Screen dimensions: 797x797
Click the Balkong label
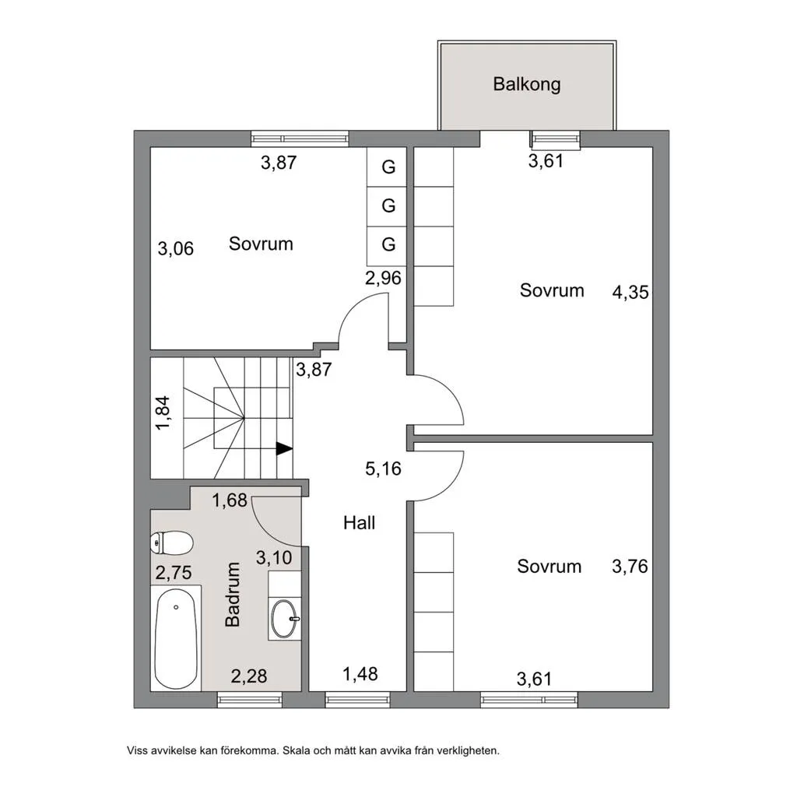point(526,84)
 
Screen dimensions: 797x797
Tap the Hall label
point(360,523)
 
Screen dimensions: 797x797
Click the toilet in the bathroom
point(171,542)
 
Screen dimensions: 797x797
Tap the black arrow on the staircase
point(284,448)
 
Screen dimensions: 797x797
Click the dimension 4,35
point(630,293)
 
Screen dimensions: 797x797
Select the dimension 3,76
point(630,567)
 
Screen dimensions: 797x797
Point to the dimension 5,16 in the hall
point(383,469)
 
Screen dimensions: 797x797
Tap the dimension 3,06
point(176,249)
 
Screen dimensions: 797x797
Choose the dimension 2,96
point(384,278)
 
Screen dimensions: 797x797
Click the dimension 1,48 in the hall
point(360,673)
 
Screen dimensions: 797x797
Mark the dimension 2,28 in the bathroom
point(249,676)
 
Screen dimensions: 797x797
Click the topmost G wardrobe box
point(388,167)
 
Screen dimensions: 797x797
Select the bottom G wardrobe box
point(388,244)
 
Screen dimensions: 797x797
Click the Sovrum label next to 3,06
point(261,244)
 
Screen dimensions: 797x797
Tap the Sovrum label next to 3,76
point(549,566)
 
